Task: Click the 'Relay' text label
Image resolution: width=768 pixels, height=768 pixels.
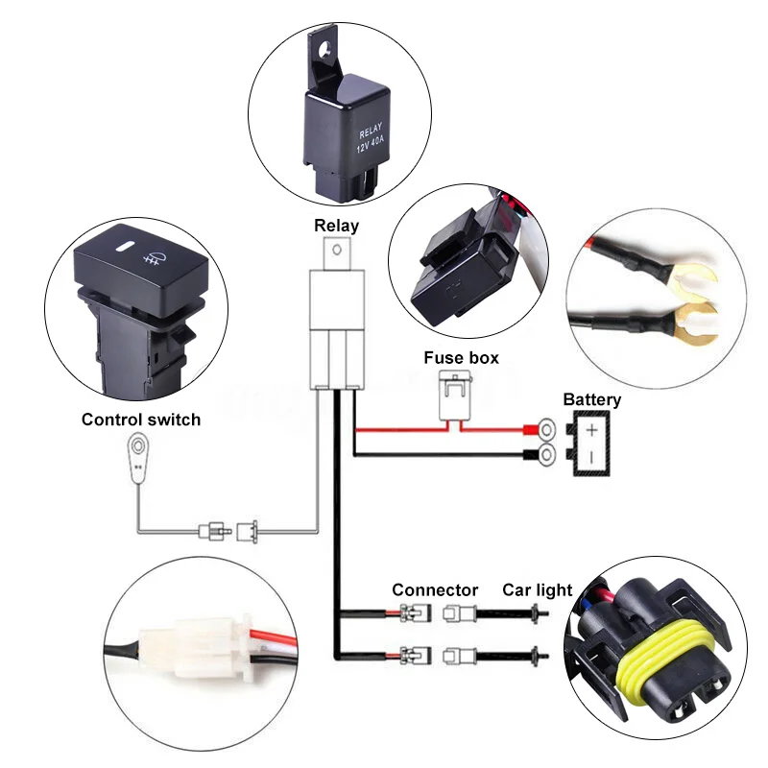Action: pyautogui.click(x=336, y=227)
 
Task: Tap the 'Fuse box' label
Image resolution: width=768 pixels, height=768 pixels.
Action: pyautogui.click(x=462, y=358)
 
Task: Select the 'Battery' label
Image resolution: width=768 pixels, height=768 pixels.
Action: pyautogui.click(x=591, y=399)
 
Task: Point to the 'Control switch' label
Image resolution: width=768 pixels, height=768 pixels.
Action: pyautogui.click(x=141, y=420)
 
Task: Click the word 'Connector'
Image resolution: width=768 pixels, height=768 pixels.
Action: pyautogui.click(x=435, y=589)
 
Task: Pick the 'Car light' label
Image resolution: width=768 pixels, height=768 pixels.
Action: pyautogui.click(x=538, y=589)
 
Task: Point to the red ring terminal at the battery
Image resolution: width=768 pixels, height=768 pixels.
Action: pyautogui.click(x=548, y=427)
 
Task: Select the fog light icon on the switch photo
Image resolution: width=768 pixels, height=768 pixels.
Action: pyautogui.click(x=150, y=256)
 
